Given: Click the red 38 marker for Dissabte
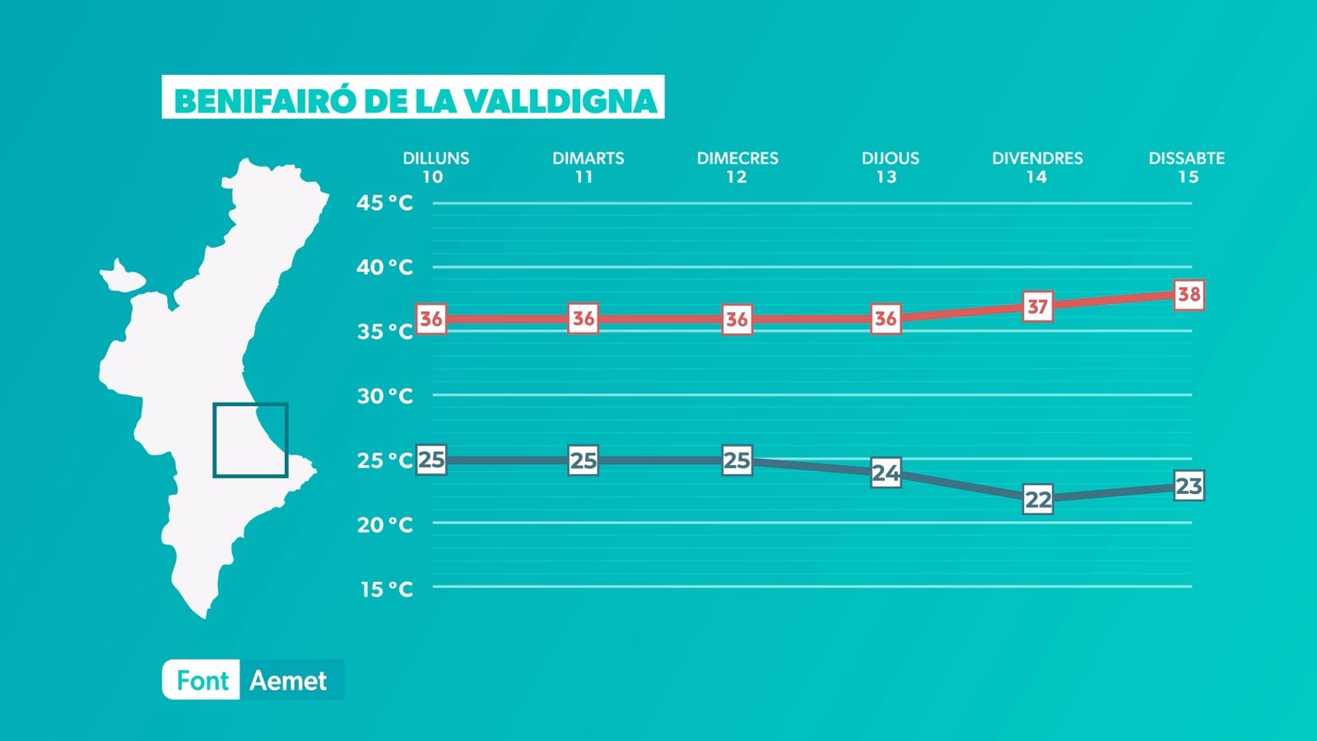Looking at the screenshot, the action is [x=1189, y=295].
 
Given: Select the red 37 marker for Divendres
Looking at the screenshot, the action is [x=1038, y=306].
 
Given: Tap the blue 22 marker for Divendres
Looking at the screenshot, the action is [x=1038, y=499].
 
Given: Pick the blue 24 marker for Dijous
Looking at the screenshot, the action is [x=886, y=473].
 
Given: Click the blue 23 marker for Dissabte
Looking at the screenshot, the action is [x=1189, y=486].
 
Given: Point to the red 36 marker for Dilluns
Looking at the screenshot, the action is [x=431, y=319].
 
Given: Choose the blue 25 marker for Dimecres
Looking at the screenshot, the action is [x=737, y=460].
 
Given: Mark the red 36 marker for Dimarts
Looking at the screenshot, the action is [x=584, y=319].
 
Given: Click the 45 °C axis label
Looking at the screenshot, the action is [x=384, y=203].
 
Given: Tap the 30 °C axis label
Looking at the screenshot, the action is [x=385, y=396].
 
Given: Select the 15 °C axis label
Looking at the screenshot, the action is [x=387, y=589].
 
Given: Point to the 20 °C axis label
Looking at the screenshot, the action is [x=385, y=524].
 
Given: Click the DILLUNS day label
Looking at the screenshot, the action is [x=435, y=158].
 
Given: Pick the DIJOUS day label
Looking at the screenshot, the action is [x=890, y=158].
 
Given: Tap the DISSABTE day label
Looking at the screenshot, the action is [x=1186, y=158].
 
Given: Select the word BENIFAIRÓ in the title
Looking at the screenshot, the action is [x=265, y=100].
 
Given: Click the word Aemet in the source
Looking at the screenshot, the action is [x=288, y=681].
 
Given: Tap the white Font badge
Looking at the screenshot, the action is [x=201, y=680].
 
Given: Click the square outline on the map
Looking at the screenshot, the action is [x=213, y=440].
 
